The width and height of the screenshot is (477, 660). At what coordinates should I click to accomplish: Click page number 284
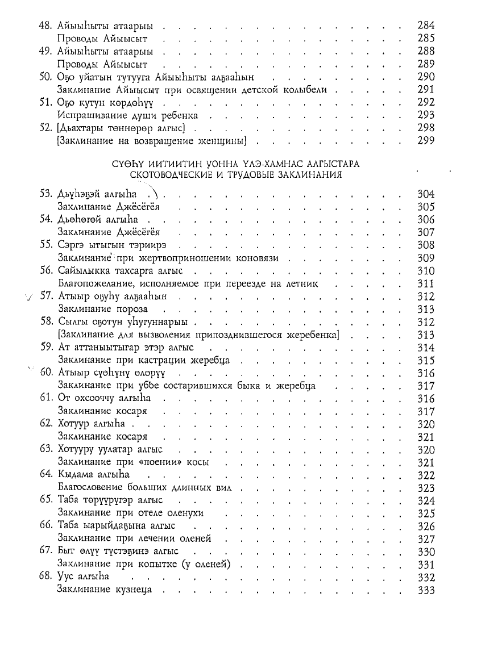tap(426, 26)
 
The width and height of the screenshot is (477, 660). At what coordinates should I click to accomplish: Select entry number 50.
tap(47, 77)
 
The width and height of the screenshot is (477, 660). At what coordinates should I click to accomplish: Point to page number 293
tap(426, 115)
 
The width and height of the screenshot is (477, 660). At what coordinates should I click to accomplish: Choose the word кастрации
tap(161, 360)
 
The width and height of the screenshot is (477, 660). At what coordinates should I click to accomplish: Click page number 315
tap(426, 360)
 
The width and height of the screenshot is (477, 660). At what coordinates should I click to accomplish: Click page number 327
tap(426, 539)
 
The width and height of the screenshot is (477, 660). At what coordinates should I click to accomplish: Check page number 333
tap(426, 591)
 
